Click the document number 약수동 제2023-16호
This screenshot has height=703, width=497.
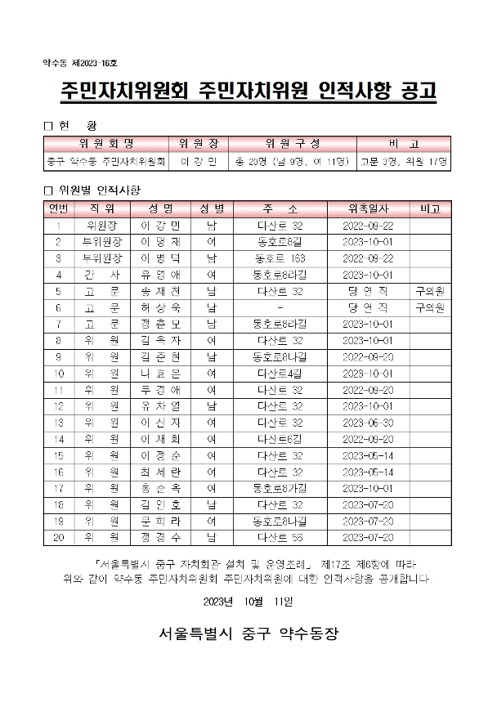pos(80,63)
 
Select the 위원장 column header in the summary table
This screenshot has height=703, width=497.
pos(197,143)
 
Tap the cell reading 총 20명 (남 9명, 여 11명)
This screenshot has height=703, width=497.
pos(290,161)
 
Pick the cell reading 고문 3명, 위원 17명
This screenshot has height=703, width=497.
pos(405,161)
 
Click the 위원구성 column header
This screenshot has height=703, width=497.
pos(290,143)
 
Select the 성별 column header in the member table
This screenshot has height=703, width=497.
pos(212,208)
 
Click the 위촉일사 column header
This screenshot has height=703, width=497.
pos(369,208)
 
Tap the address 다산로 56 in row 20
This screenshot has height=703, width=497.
pos(280,537)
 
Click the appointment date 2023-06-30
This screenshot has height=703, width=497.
pos(369,423)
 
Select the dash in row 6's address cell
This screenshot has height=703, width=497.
pos(280,307)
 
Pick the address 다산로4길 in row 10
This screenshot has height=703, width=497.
pos(280,373)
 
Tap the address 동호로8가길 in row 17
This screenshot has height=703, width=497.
pos(280,488)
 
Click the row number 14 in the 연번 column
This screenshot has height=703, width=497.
pos(58,439)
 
